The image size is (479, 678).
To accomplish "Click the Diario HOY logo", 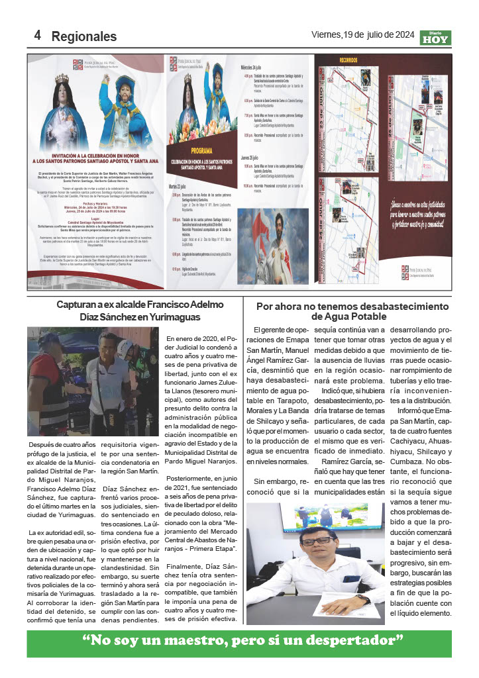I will click(x=435, y=38).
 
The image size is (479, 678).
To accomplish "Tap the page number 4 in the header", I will click(x=38, y=35).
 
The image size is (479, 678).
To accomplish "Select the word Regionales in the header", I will click(x=83, y=36).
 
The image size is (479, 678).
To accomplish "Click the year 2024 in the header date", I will click(x=401, y=34).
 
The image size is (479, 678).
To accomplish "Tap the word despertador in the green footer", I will click(x=352, y=640).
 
